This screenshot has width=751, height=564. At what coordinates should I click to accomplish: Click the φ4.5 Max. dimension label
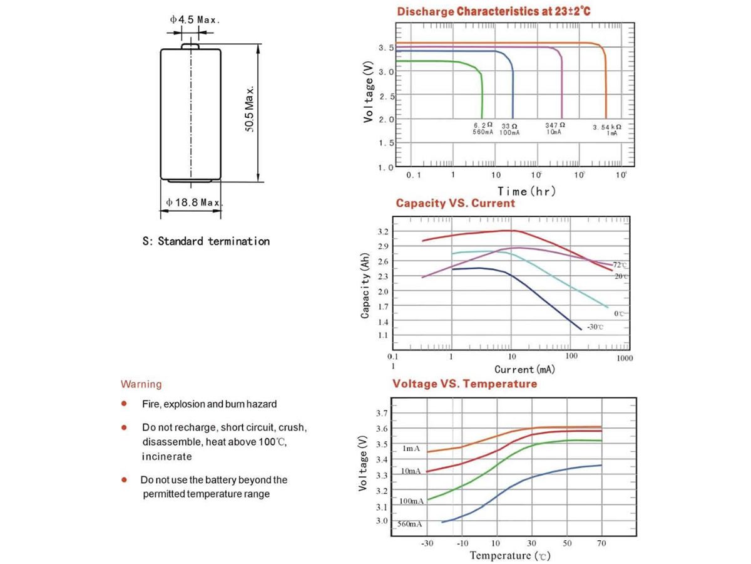point(195,19)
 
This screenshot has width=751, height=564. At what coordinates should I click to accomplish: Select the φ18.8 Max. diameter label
point(194,202)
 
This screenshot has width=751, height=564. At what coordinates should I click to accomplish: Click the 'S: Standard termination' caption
point(206,241)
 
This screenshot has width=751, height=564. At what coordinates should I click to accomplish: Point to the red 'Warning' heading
point(141,384)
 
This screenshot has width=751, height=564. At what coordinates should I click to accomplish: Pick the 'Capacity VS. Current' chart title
point(455,203)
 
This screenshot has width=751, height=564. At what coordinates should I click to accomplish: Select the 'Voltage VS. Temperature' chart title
point(464,384)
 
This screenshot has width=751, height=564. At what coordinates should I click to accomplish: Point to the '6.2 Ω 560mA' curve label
point(483,128)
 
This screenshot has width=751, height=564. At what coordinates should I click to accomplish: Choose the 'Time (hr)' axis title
point(526,191)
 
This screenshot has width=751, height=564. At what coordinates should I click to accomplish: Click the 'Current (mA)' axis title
point(524,370)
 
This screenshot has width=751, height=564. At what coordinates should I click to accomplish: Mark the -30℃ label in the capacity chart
point(595,327)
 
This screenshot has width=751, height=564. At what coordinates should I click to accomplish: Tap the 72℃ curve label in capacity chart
point(620,266)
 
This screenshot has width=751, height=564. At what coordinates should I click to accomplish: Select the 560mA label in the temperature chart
point(411,523)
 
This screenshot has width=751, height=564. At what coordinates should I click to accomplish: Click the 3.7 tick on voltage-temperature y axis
point(381,413)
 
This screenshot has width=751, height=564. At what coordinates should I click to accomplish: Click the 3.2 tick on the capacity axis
point(384,232)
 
